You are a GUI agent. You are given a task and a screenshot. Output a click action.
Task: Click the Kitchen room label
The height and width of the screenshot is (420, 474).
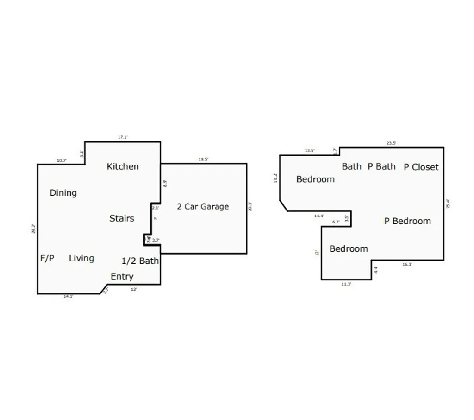tap(123, 166)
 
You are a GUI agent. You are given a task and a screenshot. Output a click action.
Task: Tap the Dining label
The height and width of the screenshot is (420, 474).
tap(63, 193)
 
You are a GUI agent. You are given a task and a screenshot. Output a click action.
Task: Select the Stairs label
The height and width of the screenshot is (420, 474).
tap(122, 218)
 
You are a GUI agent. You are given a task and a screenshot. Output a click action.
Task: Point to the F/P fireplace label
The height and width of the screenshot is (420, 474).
tap(47, 258)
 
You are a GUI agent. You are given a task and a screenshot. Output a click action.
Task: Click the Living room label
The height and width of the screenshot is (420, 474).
tap(81, 258)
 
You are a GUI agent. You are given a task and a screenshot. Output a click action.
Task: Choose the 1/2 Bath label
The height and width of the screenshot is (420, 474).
tap(140, 261)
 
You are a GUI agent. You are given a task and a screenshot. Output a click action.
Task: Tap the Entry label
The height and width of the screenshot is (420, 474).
tap(122, 277)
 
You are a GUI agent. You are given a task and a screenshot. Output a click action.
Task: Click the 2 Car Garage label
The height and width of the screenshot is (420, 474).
tap(203, 207)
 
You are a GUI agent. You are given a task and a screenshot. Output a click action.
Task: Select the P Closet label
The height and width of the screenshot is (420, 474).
tap(421, 167)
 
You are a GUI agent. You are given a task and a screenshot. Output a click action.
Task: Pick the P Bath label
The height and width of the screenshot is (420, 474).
tap(381, 166)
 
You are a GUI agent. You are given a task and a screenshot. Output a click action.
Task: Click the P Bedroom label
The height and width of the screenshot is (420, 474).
tap(407, 221)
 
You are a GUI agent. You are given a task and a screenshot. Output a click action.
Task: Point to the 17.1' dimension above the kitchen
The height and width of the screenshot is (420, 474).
tap(123, 137)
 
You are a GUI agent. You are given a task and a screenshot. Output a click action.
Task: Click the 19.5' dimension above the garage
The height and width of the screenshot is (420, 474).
tap(203, 159)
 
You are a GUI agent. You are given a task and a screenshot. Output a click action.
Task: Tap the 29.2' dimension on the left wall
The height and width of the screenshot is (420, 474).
tap(33, 229)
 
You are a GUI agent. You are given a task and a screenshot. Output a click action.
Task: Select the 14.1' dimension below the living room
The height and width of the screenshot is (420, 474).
tap(68, 296)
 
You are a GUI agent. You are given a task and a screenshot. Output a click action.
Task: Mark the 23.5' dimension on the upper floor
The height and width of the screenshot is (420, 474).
tap(391, 143)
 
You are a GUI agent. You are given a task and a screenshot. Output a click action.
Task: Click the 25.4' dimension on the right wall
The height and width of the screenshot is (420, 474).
tap(448, 204)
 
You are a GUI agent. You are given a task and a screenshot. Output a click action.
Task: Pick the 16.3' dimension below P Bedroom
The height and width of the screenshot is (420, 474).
tap(407, 265)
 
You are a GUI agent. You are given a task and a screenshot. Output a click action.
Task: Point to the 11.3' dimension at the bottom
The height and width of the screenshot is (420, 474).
tap(346, 284)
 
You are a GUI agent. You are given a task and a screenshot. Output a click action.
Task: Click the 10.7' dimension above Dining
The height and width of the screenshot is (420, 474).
tap(62, 161)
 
